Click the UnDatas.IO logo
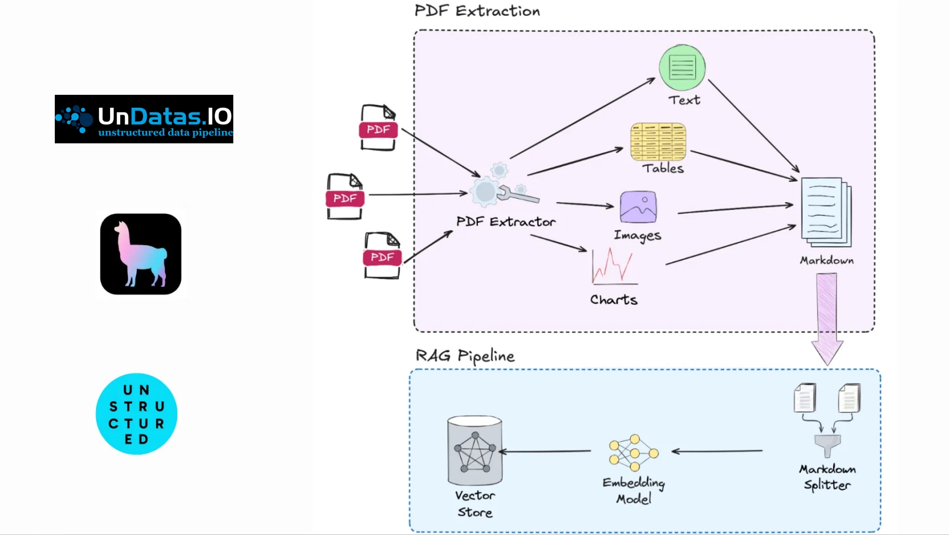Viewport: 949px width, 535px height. tap(143, 119)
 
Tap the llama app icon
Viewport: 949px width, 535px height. tap(141, 254)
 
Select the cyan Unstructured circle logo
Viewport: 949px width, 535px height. tap(137, 414)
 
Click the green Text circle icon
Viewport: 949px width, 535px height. tap(682, 67)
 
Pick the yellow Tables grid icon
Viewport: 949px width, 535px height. tap(658, 142)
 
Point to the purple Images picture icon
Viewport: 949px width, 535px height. tap(638, 207)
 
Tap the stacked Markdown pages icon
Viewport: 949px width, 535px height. tap(826, 212)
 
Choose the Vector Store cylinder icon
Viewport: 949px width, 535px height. tap(475, 450)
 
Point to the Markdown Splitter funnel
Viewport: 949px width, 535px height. tap(828, 446)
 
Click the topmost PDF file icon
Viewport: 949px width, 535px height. tap(378, 128)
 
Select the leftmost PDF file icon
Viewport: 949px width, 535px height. tap(345, 196)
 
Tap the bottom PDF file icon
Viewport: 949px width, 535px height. tap(382, 255)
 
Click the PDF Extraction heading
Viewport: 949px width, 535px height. tap(477, 11)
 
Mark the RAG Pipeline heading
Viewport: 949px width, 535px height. tap(465, 356)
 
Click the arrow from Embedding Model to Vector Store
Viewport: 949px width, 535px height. tap(545, 451)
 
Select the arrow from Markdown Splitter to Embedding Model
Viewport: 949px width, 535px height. tap(717, 451)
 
